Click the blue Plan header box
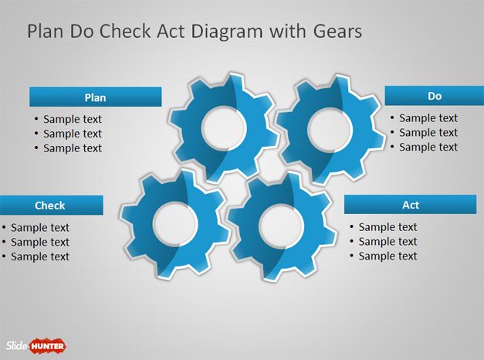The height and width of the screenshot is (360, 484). coord(95,97)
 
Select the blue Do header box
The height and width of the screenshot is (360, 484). coord(434,96)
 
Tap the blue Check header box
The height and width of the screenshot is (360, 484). coord(50,205)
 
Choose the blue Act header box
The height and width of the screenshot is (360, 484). coord(410,205)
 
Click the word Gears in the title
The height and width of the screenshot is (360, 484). coord(338,32)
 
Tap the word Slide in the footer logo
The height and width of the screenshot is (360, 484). coord(16,345)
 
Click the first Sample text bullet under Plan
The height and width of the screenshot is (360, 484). coord(72,119)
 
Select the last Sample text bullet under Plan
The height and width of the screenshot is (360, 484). coord(72,148)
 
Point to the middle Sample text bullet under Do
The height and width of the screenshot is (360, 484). coord(428,133)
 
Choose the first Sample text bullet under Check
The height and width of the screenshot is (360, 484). coord(39,227)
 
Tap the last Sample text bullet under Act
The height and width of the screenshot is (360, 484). coord(388,256)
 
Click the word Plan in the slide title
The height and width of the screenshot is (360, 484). coord(42,32)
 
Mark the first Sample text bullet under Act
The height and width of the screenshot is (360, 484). coord(388,227)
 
